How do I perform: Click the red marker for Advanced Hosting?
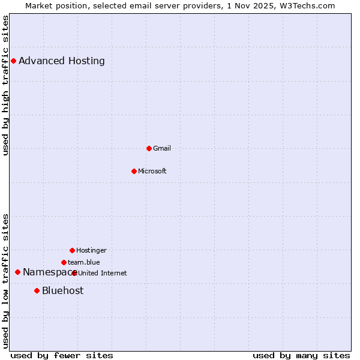tap(13, 61)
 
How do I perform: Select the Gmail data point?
tap(149, 148)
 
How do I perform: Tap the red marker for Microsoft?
tap(134, 171)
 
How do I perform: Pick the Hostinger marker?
tap(72, 250)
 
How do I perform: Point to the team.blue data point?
tap(64, 262)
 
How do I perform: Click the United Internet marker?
tap(74, 273)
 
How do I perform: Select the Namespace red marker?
tap(17, 272)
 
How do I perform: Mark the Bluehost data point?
tap(37, 290)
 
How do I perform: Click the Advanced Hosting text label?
tap(62, 61)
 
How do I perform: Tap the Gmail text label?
tap(162, 148)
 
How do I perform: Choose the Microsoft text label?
tap(152, 171)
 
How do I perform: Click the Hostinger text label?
tap(91, 250)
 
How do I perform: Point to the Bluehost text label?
tap(63, 290)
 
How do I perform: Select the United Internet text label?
tap(103, 273)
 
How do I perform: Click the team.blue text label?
tap(84, 262)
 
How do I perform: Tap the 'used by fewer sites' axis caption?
tap(62, 355)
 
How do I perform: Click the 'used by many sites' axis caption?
tap(301, 355)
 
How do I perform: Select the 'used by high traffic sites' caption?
tap(5, 85)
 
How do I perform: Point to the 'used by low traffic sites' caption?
tap(5, 280)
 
